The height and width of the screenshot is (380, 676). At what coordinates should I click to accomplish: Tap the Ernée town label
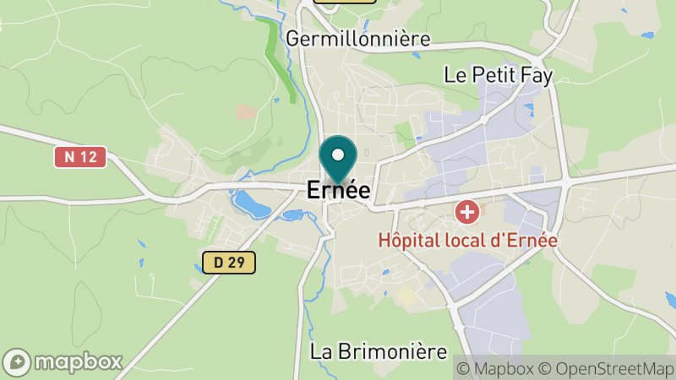click(x=338, y=191)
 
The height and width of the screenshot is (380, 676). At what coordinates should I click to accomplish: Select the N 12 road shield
click(x=80, y=157)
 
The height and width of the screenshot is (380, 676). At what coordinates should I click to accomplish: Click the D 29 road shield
click(x=228, y=263)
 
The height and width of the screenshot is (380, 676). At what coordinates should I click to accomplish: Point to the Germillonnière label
click(x=358, y=39)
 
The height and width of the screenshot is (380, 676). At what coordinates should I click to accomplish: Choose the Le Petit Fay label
click(x=498, y=75)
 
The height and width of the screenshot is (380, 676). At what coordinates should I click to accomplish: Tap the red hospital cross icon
click(x=466, y=211)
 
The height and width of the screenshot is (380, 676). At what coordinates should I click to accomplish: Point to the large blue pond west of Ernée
click(x=250, y=204)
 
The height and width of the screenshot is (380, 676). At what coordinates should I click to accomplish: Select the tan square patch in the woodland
click(x=246, y=111)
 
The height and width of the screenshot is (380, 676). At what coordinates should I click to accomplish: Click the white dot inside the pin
click(x=338, y=155)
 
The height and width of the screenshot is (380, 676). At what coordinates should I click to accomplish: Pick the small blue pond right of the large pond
click(x=292, y=214)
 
